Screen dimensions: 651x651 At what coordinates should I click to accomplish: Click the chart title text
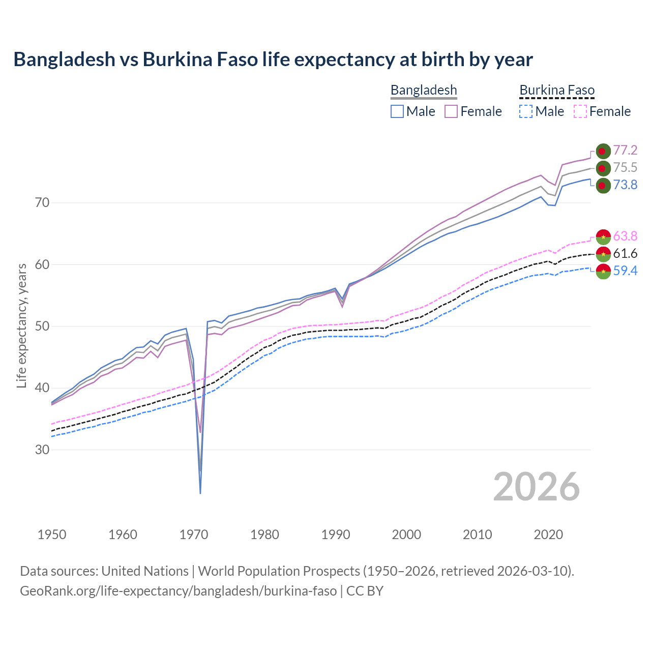273,60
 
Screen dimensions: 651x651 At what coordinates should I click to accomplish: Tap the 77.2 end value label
625,151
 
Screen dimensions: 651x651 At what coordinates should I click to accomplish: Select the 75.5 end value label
625,168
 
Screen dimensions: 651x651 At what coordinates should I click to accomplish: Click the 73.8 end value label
625,185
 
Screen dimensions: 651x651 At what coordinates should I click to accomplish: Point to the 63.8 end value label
625,236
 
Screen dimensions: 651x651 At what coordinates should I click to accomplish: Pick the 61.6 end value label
625,254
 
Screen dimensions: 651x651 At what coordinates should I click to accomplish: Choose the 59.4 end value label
625,271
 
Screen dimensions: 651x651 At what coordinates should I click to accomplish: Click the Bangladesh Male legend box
397,111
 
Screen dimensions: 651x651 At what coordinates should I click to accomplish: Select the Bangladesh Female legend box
451,111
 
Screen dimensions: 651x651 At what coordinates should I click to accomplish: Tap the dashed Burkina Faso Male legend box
526,111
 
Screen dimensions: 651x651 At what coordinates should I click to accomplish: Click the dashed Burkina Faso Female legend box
580,111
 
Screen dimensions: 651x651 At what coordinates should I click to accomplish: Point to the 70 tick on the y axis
42,203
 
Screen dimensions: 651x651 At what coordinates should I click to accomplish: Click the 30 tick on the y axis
42,450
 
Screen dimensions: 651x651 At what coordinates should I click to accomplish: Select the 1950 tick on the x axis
52,535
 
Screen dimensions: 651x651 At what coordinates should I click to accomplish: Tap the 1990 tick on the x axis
336,535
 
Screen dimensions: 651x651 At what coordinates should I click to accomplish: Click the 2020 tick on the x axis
548,535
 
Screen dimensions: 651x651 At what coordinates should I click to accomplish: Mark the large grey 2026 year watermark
537,487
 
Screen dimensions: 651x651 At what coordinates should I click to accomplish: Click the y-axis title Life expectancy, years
21,326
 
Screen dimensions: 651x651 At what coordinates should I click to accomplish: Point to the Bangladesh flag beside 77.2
603,151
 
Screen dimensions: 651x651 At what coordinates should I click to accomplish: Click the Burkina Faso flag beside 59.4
603,271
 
